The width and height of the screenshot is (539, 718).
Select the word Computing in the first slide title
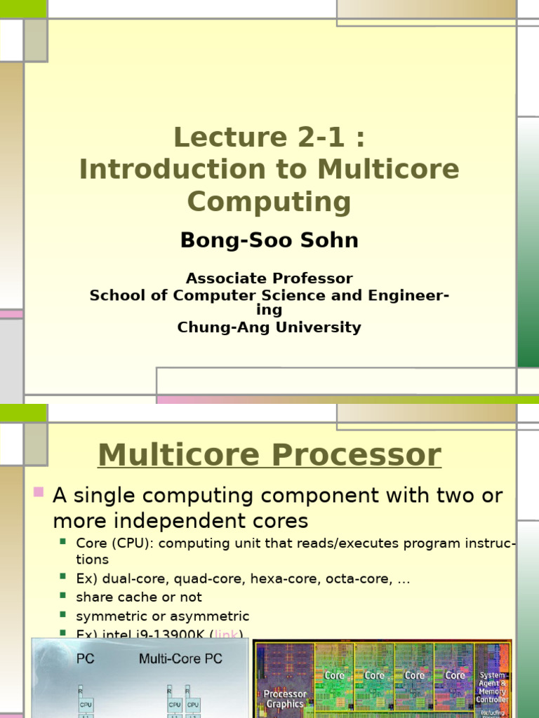pyautogui.click(x=269, y=202)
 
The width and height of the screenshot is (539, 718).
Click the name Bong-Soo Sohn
pyautogui.click(x=269, y=241)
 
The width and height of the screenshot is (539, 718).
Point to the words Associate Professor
pyautogui.click(x=269, y=278)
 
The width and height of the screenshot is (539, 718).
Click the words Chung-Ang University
pyautogui.click(x=269, y=327)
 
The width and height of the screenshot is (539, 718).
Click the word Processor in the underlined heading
pyautogui.click(x=355, y=455)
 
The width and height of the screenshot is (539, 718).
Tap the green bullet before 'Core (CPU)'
pyautogui.click(x=63, y=541)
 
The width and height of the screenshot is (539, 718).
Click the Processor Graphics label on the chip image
pyautogui.click(x=285, y=698)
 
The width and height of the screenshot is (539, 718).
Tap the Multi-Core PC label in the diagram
pyautogui.click(x=180, y=658)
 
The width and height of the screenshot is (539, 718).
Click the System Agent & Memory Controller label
pyautogui.click(x=492, y=687)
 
